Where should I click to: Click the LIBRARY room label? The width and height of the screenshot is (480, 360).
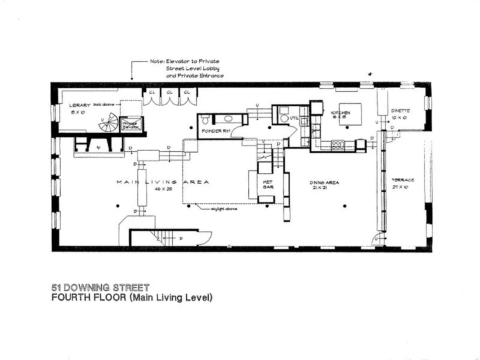(x=80, y=105)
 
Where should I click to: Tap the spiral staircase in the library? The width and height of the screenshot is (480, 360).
(x=108, y=122)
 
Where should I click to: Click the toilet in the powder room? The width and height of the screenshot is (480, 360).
(x=205, y=120)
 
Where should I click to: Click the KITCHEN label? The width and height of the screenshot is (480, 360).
(x=341, y=112)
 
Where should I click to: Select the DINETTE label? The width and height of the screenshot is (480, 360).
(x=400, y=111)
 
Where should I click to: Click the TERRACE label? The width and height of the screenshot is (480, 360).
(x=403, y=180)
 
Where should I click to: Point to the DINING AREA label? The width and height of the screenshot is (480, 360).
(x=324, y=182)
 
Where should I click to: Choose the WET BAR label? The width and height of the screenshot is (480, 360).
(x=269, y=184)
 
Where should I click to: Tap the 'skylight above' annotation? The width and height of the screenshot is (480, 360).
(x=224, y=209)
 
